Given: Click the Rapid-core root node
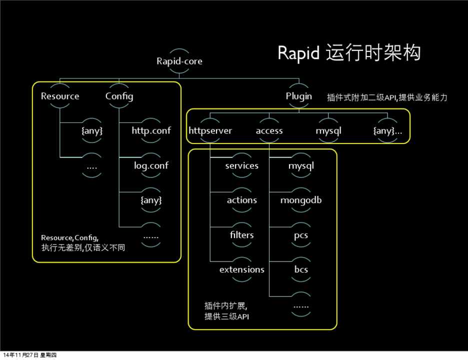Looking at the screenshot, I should coord(179,61).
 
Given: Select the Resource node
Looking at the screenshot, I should coord(60,96).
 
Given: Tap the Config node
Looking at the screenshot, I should coord(119,96).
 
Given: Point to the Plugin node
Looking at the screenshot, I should coord(299,96).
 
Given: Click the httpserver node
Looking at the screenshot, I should coord(210,130).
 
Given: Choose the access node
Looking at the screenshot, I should coord(269,130).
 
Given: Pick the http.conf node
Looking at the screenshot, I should coord(151,130).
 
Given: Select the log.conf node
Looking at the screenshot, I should coord(151,165).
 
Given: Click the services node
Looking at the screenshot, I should coord(242,165).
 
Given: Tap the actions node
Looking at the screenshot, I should coord(242,200).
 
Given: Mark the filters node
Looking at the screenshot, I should coord(242,234).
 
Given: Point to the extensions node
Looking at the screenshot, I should coord(242,269).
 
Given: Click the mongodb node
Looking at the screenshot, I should coord(301,200).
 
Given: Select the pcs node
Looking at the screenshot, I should coord(301,234).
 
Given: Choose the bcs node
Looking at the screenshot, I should coord(301,269).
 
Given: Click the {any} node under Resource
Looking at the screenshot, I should coord(92,130).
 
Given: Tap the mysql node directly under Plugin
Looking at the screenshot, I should coord(328,130).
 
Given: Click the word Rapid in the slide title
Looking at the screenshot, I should coord(298,53).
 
